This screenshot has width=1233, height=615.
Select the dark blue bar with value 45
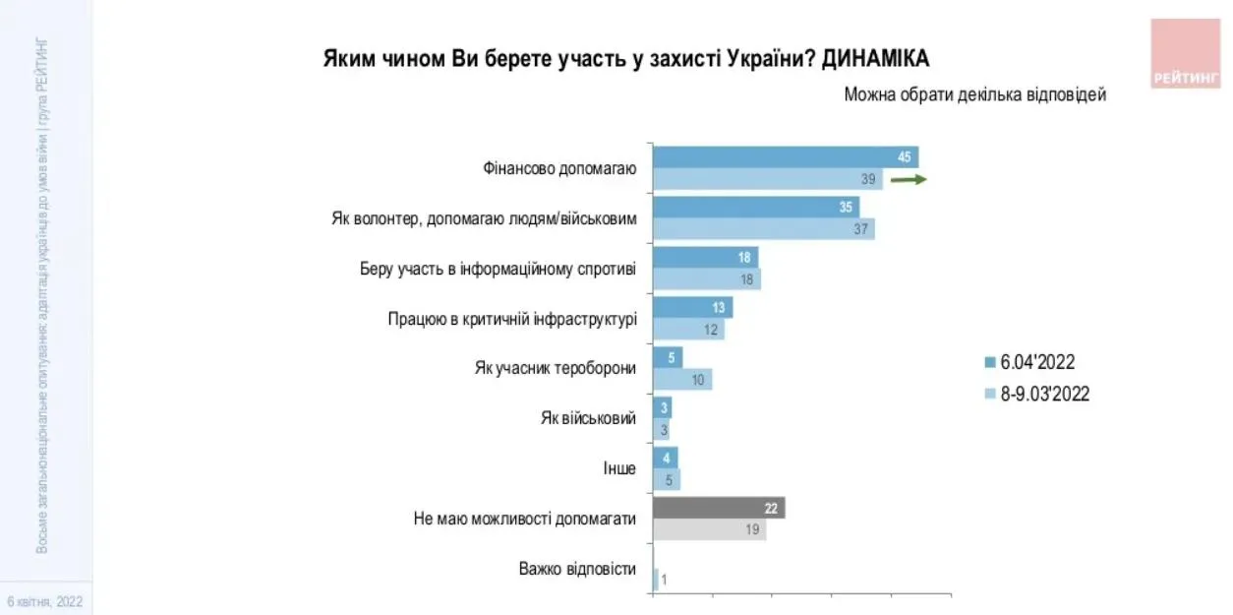[786, 157]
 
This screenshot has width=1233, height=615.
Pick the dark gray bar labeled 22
[719, 508]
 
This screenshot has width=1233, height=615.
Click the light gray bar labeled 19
[709, 529]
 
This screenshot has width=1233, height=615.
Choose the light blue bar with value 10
[681, 380]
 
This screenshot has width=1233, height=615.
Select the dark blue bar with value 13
[692, 307]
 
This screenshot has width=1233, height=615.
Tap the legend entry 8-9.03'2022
[1037, 395]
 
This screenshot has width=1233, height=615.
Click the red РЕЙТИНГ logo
[1186, 54]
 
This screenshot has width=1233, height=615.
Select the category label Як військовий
[588, 418]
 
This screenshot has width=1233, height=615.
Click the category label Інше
[619, 468]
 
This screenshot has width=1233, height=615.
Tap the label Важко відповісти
[577, 569]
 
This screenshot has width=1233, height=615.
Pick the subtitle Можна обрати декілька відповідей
[975, 94]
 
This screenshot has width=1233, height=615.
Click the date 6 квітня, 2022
[45, 600]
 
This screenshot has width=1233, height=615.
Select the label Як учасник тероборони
[556, 368]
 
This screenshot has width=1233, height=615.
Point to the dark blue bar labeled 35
[755, 208]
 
